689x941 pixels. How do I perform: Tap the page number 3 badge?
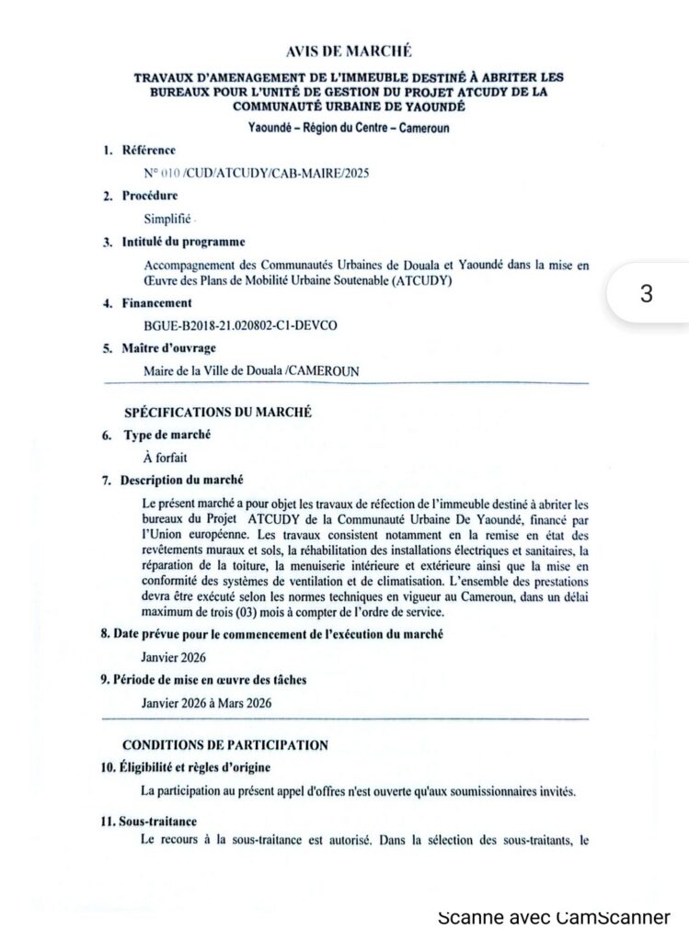[646, 293]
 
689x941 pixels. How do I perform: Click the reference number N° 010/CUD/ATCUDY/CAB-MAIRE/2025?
[244, 173]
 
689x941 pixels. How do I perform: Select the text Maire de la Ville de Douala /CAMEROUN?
[251, 371]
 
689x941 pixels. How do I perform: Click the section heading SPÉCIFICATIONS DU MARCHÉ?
[218, 413]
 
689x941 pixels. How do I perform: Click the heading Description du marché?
[182, 480]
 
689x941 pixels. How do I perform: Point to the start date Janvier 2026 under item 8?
[174, 657]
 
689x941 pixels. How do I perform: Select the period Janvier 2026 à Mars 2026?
[207, 703]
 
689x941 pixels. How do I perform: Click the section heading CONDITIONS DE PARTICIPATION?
[225, 744]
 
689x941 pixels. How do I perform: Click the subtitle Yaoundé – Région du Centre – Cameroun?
[348, 128]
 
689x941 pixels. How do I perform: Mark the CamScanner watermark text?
[554, 916]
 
